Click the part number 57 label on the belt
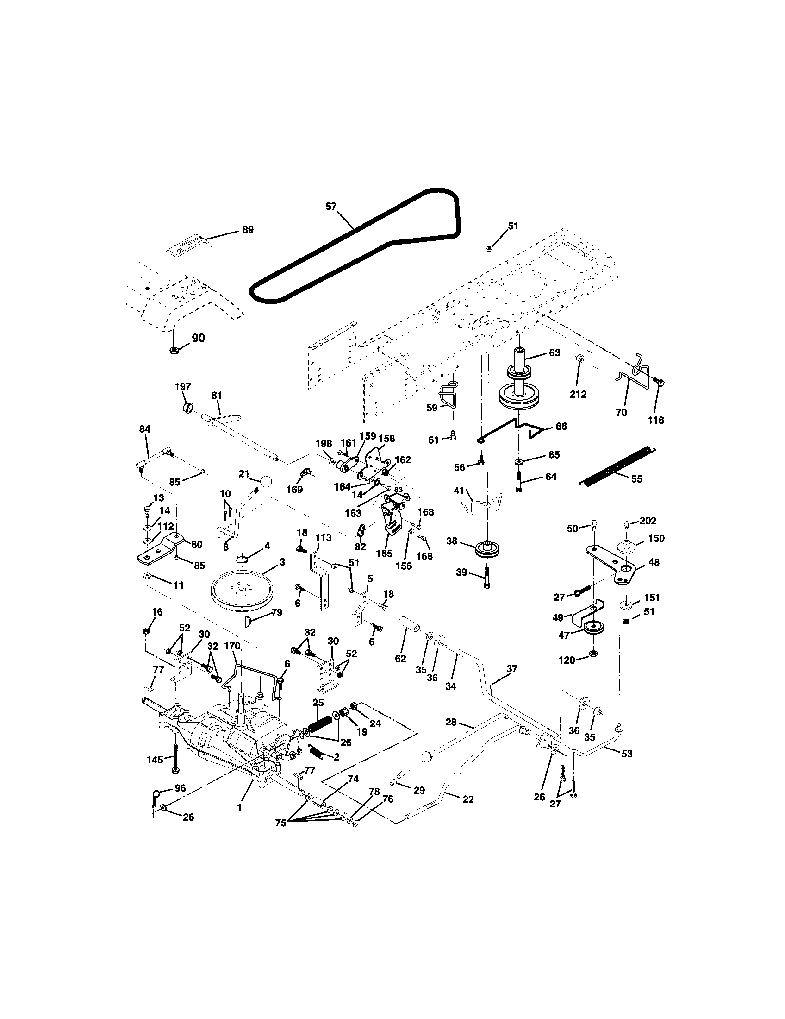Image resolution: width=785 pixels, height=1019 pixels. [330, 207]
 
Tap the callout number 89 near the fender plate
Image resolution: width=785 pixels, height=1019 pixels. [248, 230]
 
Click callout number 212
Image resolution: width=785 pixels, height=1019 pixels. [578, 394]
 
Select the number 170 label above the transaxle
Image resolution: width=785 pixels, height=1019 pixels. [232, 646]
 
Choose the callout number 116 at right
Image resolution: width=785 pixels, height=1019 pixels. [655, 420]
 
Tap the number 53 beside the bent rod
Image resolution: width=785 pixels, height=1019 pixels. [627, 754]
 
